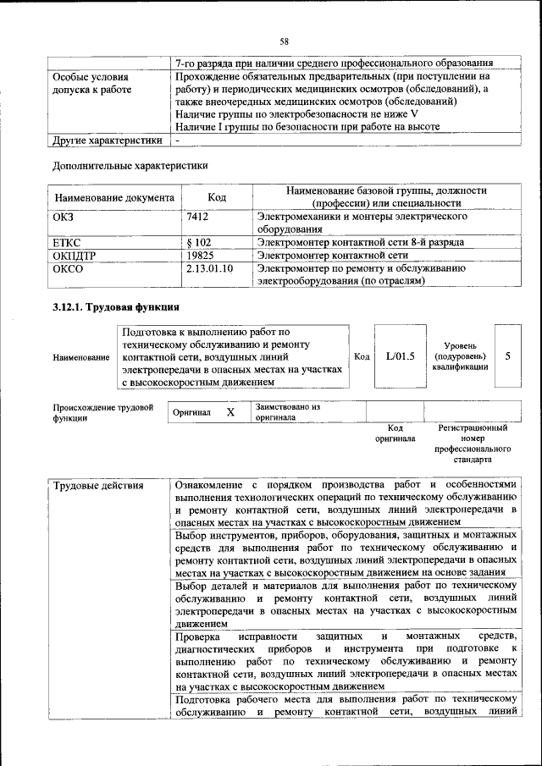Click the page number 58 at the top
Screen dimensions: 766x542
[x=285, y=41]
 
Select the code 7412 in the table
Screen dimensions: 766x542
[x=197, y=218]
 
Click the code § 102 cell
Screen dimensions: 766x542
[x=198, y=243]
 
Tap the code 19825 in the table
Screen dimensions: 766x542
[x=200, y=256]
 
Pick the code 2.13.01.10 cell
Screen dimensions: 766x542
[x=209, y=268]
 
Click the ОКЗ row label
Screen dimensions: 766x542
[x=64, y=218]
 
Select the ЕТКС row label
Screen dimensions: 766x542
[x=67, y=243]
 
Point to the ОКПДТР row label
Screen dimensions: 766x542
[x=75, y=256]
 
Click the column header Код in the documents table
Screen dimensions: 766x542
[x=217, y=198]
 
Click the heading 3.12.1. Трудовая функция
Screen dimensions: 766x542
[x=115, y=306]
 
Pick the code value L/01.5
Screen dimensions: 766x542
[x=400, y=356]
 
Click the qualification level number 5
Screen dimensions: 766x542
[x=507, y=356]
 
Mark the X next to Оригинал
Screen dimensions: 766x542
[x=230, y=412]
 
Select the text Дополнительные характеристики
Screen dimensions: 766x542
[x=130, y=166]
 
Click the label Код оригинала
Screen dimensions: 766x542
[x=395, y=433]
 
